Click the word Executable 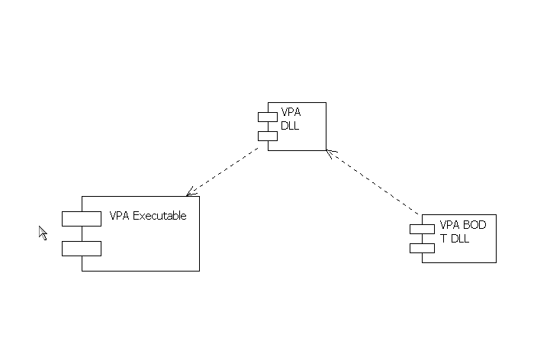point(159,216)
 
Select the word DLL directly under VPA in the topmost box point(290,126)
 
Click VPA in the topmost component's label point(291,113)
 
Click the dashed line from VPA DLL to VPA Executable point(225,171)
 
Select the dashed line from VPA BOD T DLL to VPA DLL point(374,183)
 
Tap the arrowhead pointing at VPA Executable point(190,191)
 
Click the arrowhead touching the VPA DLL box point(330,154)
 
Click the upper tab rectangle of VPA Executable point(82,219)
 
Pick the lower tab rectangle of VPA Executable point(82,248)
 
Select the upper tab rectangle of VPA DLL point(267,117)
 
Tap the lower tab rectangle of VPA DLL point(267,136)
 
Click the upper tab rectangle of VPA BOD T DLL point(422,230)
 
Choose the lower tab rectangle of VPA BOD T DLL point(422,247)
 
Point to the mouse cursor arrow point(43,232)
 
